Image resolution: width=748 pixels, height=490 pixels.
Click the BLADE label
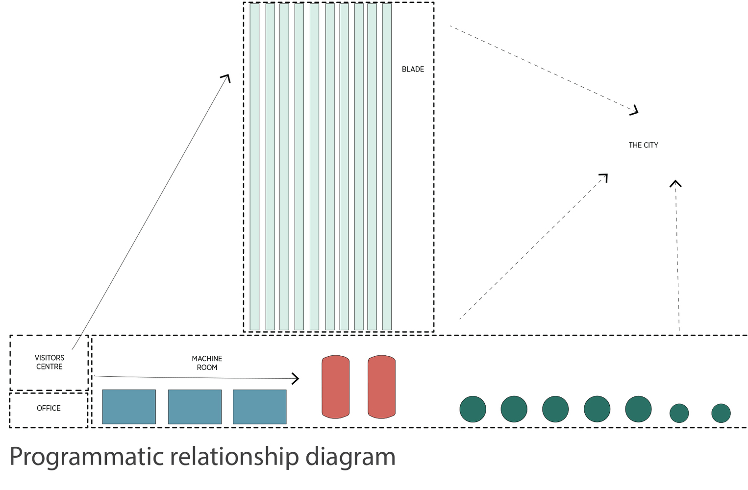413,69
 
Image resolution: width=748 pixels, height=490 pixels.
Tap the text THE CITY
643,145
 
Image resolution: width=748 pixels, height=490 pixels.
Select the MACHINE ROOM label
207,363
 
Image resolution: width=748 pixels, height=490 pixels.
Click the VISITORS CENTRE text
49,362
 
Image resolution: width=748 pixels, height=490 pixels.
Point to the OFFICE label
49,408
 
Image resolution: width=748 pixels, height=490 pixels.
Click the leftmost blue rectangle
129,407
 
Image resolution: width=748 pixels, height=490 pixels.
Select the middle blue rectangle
195,407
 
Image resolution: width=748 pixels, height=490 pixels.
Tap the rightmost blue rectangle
259,407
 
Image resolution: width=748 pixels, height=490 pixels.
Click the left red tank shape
335,387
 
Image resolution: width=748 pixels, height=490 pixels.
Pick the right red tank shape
381,387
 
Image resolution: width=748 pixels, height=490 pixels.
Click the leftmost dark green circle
473,409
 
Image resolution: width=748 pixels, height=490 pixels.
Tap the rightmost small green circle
721,413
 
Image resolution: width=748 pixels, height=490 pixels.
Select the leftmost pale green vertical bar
254,167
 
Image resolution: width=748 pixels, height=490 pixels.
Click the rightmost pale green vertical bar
387,167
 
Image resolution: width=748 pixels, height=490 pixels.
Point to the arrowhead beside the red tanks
296,378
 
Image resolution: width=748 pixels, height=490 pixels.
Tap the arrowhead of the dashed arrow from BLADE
635,111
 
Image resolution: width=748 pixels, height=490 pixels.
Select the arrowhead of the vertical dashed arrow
675,183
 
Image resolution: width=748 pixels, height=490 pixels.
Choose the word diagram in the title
350,457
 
